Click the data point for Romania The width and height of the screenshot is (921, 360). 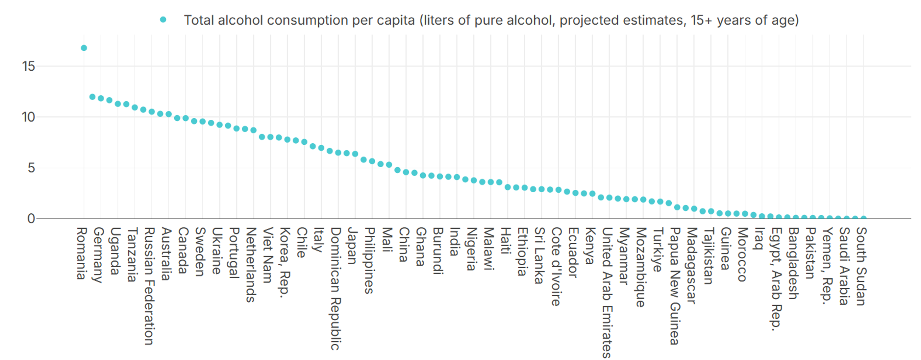[84, 48]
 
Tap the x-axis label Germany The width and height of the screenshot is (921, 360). [98, 255]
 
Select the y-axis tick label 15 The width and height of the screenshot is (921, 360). [28, 66]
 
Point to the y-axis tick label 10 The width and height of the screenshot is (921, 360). [28, 117]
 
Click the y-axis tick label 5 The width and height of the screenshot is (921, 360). [32, 168]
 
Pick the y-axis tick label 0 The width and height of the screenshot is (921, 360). [32, 219]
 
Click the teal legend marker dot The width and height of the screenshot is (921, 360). [163, 20]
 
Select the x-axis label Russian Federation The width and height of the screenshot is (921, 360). [149, 286]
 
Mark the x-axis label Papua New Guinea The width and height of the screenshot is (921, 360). [675, 286]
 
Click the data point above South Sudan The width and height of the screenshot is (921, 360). [863, 218]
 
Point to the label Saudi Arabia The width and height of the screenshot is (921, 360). [844, 266]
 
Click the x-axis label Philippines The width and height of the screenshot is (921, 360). [369, 261]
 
